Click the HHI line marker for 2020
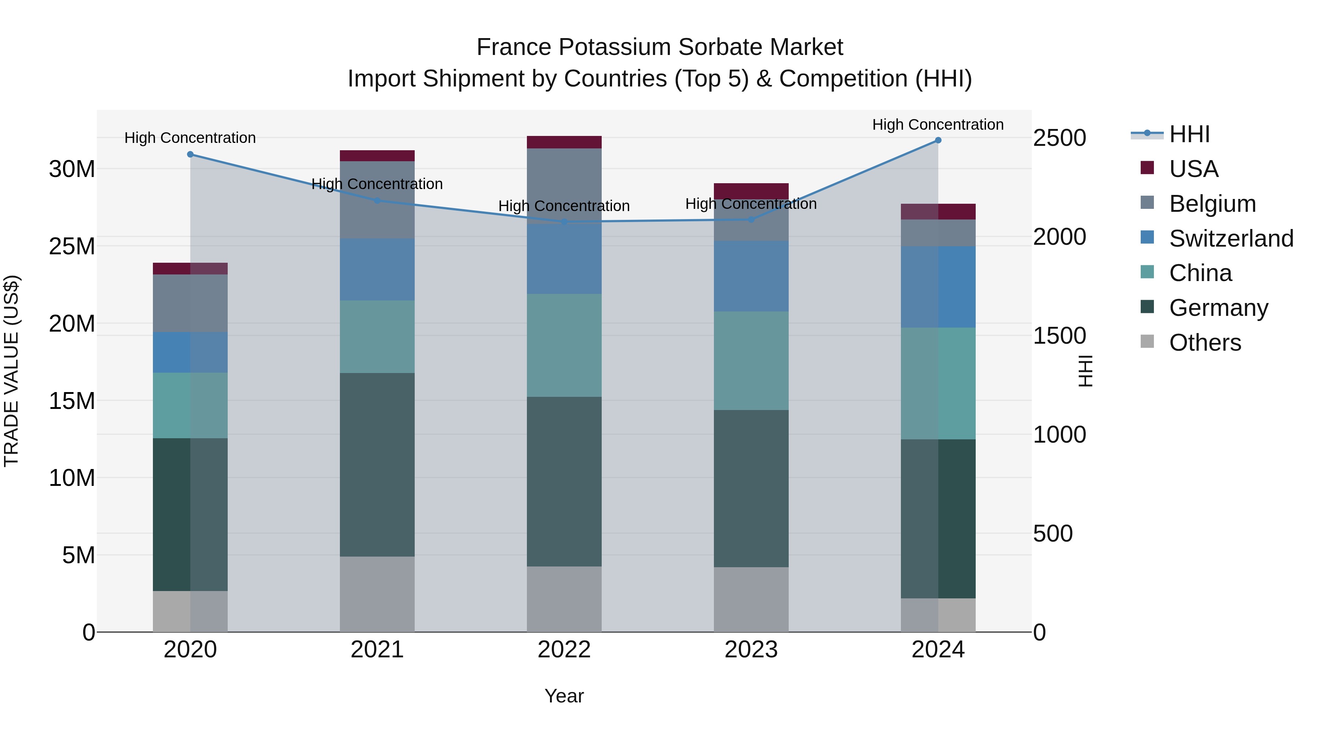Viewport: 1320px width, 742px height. click(190, 154)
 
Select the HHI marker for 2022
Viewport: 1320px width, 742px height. click(564, 222)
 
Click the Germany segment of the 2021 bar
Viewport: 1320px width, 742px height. click(377, 465)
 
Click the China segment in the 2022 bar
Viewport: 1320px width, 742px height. click(564, 345)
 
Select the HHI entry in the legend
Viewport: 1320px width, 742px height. click(1189, 134)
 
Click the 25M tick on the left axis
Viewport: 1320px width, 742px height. click(72, 246)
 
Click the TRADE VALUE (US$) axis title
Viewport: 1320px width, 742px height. click(11, 371)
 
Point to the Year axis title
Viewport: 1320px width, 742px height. click(564, 696)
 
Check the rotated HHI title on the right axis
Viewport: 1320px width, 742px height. click(1086, 371)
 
